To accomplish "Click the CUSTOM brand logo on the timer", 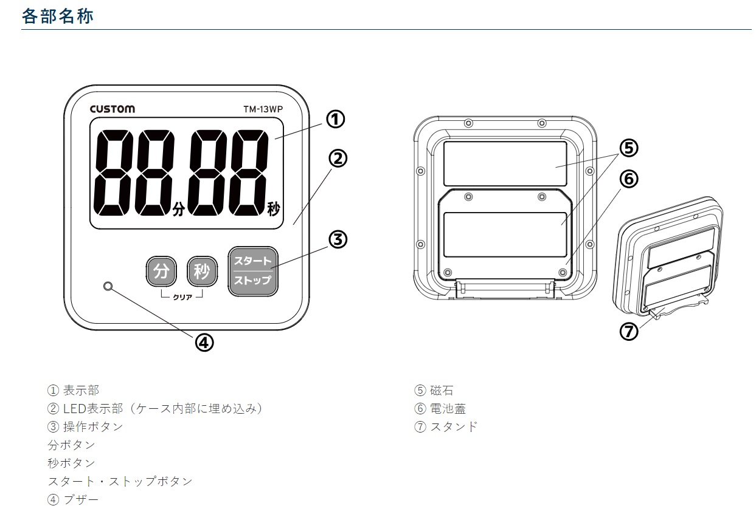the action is [113, 109].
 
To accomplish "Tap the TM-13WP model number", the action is [263, 109].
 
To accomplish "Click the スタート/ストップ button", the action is [253, 272].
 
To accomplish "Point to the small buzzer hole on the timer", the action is [108, 287].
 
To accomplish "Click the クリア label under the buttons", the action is [182, 297].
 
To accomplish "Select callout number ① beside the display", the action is [336, 119].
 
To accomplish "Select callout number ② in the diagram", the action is [338, 159].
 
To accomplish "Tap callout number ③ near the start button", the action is [338, 239].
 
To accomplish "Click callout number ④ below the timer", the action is [204, 343].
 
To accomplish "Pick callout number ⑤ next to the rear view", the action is [629, 148].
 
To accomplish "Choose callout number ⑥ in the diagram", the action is [629, 179].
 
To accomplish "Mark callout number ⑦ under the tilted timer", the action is [629, 331].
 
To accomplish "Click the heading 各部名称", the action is [57, 16].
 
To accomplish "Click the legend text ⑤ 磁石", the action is [434, 390].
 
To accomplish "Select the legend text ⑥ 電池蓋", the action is [440, 408].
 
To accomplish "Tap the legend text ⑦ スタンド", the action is [446, 426].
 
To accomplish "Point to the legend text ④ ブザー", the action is [73, 499].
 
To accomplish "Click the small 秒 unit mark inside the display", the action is [274, 209].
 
